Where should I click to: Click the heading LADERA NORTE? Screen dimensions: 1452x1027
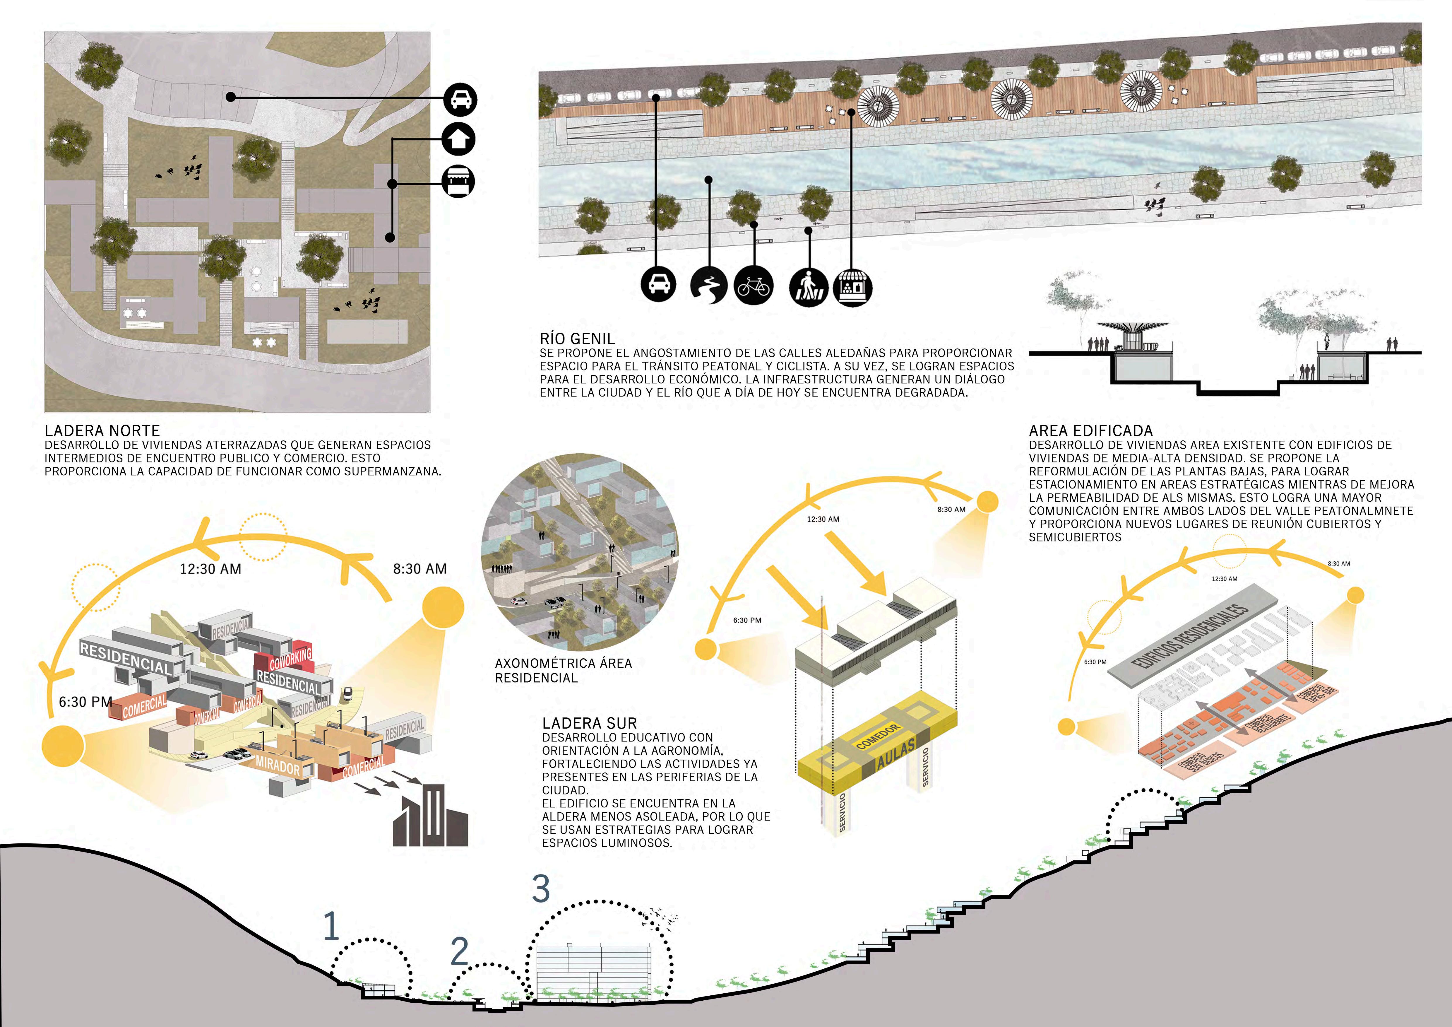coord(102,431)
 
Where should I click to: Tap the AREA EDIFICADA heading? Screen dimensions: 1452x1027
coord(1090,431)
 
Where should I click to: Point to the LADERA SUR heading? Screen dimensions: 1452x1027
coord(589,723)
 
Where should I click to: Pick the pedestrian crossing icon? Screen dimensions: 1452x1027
coord(808,287)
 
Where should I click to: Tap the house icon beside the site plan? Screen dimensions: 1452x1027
coord(458,139)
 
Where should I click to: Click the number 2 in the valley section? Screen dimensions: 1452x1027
coord(460,951)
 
